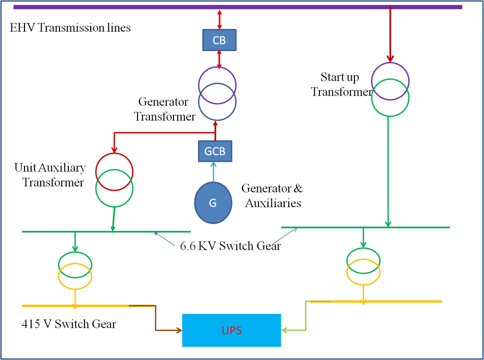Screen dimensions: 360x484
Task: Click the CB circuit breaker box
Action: (219, 40)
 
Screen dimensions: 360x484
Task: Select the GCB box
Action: (215, 151)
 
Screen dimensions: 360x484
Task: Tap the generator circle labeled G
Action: (213, 203)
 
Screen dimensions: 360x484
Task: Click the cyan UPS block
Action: (232, 330)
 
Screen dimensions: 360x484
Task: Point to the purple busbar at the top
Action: (142, 7)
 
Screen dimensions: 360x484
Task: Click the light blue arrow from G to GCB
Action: (214, 171)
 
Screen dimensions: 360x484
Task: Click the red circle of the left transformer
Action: (114, 158)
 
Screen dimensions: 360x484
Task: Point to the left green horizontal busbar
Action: (47, 232)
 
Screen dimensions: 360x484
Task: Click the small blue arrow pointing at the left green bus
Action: (164, 239)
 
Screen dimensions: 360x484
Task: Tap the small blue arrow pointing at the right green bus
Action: (285, 236)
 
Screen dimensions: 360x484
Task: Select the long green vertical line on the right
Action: (388, 170)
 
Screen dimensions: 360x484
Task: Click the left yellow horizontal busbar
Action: (47, 306)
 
